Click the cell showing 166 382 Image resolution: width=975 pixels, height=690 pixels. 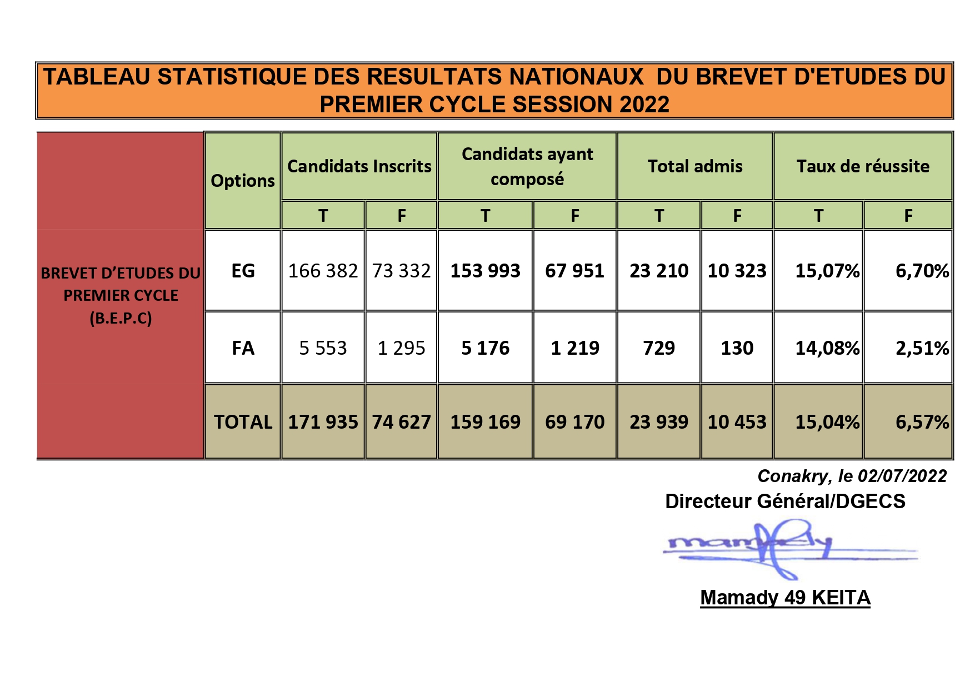(323, 271)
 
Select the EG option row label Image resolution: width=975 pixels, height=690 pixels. (243, 271)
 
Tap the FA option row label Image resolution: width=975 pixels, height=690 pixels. (243, 348)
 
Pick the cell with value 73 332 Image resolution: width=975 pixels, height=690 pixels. (401, 271)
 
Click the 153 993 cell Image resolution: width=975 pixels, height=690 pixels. (485, 271)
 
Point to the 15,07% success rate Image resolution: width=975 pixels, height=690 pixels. (827, 271)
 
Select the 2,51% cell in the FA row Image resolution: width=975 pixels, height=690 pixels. (922, 348)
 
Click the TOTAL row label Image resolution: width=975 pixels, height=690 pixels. (243, 422)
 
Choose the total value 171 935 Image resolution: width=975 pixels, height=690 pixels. (323, 422)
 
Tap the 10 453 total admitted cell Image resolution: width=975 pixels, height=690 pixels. (737, 422)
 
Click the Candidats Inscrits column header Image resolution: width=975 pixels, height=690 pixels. (359, 166)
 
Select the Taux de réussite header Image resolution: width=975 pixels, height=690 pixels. (863, 166)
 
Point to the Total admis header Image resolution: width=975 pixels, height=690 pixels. (694, 166)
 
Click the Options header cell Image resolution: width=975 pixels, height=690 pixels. (243, 181)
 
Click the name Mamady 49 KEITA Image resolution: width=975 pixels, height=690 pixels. (784, 598)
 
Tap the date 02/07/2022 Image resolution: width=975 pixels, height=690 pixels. (902, 476)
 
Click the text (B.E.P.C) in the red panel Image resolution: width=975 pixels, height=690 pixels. (121, 318)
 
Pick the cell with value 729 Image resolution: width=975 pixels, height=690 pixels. (658, 348)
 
